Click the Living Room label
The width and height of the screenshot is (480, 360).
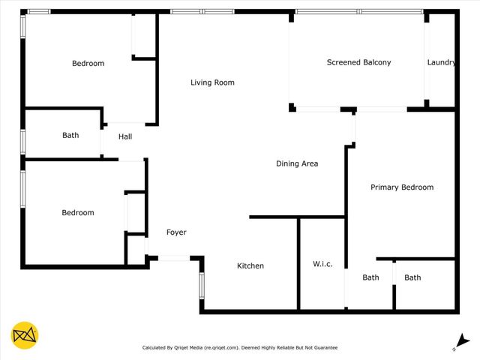(212, 82)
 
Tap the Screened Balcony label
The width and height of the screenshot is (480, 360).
(358, 63)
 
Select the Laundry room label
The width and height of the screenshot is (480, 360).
(441, 63)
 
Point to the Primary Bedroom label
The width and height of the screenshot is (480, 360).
(402, 187)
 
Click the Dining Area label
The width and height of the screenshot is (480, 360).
(298, 163)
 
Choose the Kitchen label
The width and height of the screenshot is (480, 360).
(250, 266)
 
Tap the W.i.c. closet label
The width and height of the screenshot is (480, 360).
(322, 264)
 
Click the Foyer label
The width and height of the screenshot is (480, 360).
(175, 232)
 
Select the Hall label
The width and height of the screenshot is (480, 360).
(125, 136)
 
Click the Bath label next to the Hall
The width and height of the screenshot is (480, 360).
(70, 136)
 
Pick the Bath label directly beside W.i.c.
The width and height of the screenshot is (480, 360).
(370, 277)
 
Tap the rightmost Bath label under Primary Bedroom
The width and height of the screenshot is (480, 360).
(412, 277)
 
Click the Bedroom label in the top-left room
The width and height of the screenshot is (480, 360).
(88, 64)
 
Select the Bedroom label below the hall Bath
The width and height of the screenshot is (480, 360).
(78, 213)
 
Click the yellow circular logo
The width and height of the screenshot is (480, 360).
(25, 335)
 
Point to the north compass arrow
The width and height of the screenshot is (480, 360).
(463, 342)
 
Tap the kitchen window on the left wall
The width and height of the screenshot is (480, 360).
(201, 286)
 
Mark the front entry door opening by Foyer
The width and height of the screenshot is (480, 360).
(174, 258)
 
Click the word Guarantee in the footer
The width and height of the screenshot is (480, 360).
(323, 348)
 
